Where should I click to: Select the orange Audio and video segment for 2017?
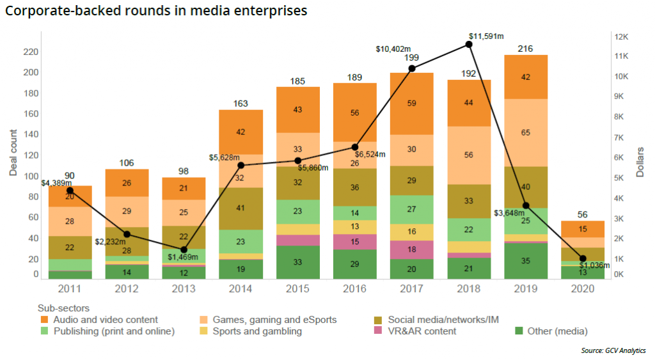pyautogui.click(x=412, y=103)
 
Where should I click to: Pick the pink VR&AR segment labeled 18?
pyautogui.click(x=412, y=249)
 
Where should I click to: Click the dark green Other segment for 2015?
pyautogui.click(x=298, y=262)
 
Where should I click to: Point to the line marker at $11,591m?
pyautogui.click(x=469, y=44)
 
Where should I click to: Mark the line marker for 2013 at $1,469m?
pyautogui.click(x=184, y=249)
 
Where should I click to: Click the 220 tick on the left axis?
pyautogui.click(x=30, y=52)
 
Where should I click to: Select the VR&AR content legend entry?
pyautogui.click(x=423, y=331)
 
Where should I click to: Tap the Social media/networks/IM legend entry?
pyautogui.click(x=433, y=320)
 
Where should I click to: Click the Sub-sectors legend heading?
pyautogui.click(x=63, y=308)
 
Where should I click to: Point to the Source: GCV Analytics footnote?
pyautogui.click(x=612, y=350)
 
